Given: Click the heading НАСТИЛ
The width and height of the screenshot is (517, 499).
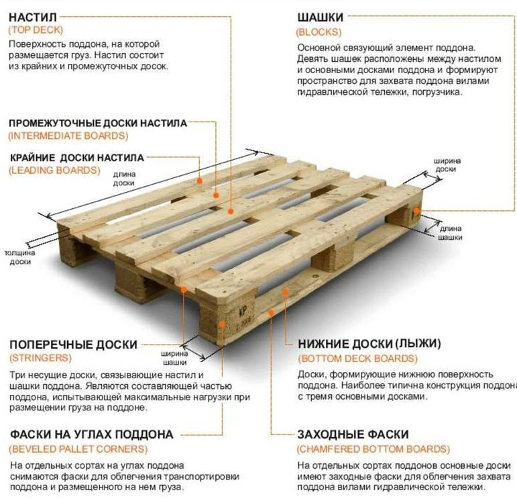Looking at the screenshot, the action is pyautogui.click(x=33, y=17).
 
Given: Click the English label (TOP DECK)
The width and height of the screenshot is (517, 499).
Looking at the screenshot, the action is pyautogui.click(x=36, y=30).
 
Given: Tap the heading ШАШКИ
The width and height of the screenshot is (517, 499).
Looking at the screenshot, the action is pyautogui.click(x=321, y=17).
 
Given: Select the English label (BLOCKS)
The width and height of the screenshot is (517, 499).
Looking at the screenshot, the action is pyautogui.click(x=319, y=32).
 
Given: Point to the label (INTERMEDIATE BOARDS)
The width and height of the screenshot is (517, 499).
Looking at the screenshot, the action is pyautogui.click(x=68, y=136).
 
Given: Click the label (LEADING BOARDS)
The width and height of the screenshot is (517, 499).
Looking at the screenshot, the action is pyautogui.click(x=54, y=171).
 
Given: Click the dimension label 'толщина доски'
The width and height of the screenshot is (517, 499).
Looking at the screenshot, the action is pyautogui.click(x=20, y=257).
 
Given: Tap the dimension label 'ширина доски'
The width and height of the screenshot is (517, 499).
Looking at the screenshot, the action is pyautogui.click(x=447, y=165).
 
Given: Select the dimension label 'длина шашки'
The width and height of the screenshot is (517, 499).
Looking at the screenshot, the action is pyautogui.click(x=451, y=233).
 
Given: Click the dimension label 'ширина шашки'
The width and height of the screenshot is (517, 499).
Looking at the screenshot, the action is pyautogui.click(x=174, y=358).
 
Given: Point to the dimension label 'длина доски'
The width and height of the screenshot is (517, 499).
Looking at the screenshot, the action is pyautogui.click(x=124, y=179).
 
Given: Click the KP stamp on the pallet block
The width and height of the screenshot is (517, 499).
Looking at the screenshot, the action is pyautogui.click(x=243, y=311).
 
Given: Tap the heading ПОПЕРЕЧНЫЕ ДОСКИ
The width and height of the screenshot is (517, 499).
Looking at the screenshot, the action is pyautogui.click(x=73, y=345).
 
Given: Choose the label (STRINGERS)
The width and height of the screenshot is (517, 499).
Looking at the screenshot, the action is pyautogui.click(x=40, y=358).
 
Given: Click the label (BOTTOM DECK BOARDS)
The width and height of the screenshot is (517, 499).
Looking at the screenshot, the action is pyautogui.click(x=358, y=359).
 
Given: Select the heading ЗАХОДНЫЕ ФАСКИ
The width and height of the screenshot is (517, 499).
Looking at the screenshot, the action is pyautogui.click(x=353, y=435).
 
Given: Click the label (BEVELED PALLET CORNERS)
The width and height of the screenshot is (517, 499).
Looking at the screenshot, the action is pyautogui.click(x=78, y=449).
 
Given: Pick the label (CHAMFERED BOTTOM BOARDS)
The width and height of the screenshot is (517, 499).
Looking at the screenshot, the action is pyautogui.click(x=374, y=449).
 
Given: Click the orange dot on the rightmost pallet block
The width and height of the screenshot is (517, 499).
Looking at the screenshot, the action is pyautogui.click(x=417, y=210).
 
